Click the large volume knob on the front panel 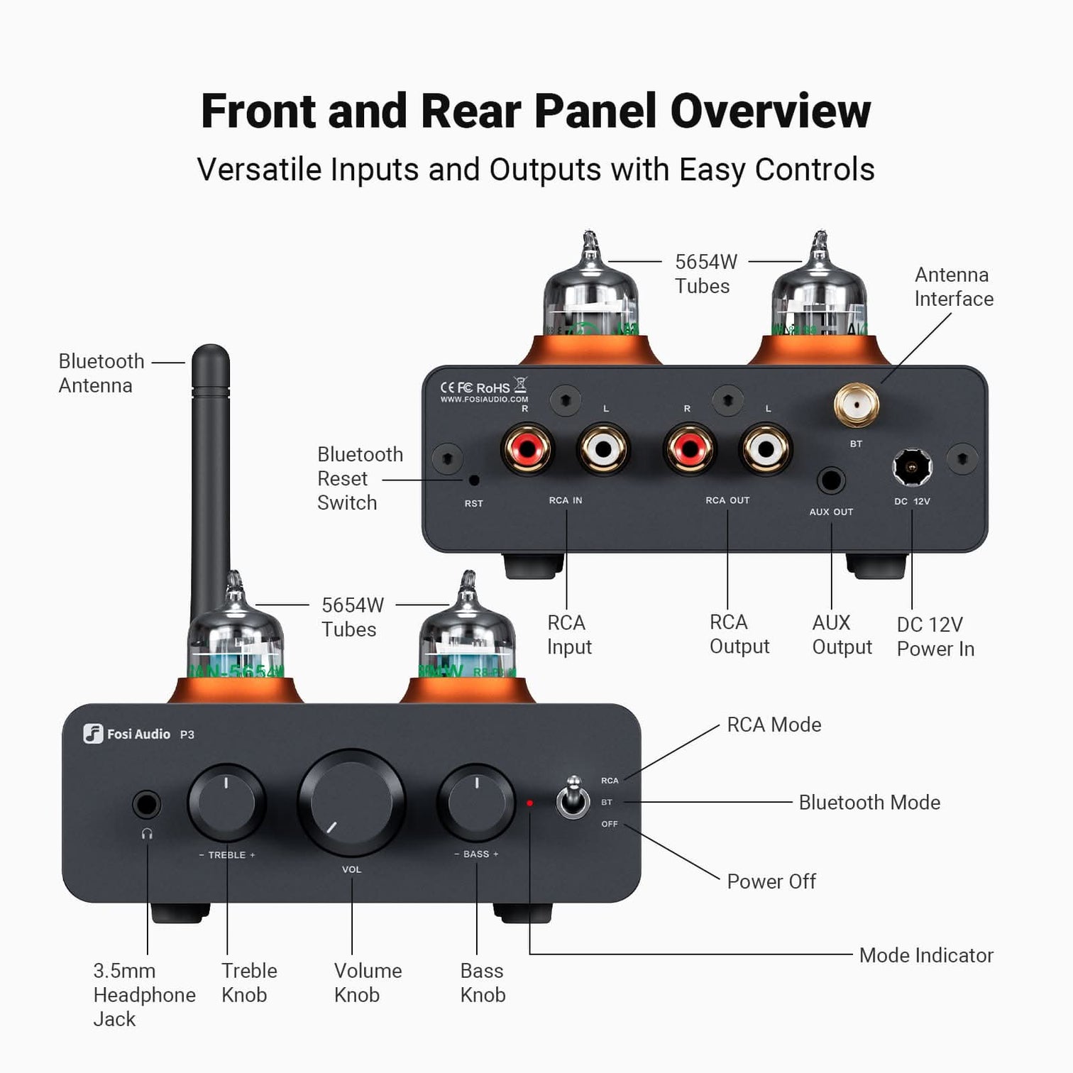pos(351,802)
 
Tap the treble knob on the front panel pos(226,803)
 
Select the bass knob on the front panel pos(476,802)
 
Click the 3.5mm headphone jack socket pos(147,805)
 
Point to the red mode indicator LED pos(529,803)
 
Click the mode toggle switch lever pos(573,798)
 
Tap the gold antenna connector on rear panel pos(857,405)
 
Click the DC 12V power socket pos(911,467)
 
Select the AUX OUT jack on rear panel pos(831,480)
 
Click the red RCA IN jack pos(527,449)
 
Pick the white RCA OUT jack pos(766,449)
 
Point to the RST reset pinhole pos(474,480)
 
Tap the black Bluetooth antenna pos(211,461)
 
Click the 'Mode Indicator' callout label pos(925,955)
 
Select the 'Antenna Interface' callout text pos(953,287)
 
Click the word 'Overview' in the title pos(770,111)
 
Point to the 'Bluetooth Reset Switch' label pos(359,478)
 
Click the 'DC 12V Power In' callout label pos(935,637)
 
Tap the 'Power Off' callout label pos(771,881)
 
